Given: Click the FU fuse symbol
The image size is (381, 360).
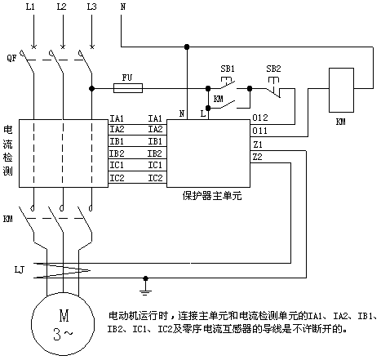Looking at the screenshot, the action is pyautogui.click(x=128, y=88).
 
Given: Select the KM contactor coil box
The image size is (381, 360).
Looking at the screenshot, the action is pyautogui.click(x=341, y=90).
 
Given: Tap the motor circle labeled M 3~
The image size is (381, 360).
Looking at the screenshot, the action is pyautogui.click(x=63, y=324).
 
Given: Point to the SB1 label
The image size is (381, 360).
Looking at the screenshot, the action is pyautogui.click(x=228, y=69).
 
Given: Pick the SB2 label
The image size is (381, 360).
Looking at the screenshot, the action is pyautogui.click(x=273, y=69).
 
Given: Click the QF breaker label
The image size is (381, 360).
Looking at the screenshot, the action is pyautogui.click(x=11, y=58).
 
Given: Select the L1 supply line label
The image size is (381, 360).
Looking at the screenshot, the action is pyautogui.click(x=30, y=7).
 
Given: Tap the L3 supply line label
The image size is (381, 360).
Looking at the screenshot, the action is pyautogui.click(x=91, y=7).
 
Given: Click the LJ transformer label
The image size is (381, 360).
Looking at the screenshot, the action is pyautogui.click(x=19, y=269).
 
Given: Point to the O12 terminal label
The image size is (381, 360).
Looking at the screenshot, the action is pyautogui.click(x=260, y=118).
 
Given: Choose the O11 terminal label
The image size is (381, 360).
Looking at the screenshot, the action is pyautogui.click(x=259, y=131).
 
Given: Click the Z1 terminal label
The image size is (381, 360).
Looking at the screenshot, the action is pyautogui.click(x=258, y=144).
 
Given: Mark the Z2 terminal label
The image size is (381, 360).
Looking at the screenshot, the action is pyautogui.click(x=257, y=157).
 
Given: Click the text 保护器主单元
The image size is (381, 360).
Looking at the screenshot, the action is pyautogui.click(x=212, y=196).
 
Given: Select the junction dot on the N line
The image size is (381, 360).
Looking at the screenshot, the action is pyautogui.click(x=187, y=47).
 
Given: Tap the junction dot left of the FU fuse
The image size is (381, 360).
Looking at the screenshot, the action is pyautogui.click(x=92, y=88).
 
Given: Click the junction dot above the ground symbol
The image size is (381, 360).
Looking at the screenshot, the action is pyautogui.click(x=145, y=278).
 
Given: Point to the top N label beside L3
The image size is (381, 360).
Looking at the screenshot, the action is pyautogui.click(x=123, y=7).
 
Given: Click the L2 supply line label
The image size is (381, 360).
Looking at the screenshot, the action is pyautogui.click(x=61, y=7).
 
